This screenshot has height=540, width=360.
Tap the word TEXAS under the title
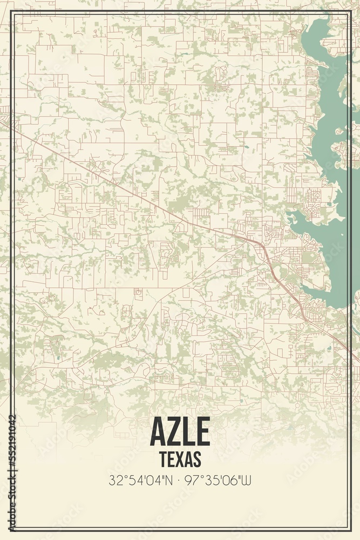(x=180, y=458)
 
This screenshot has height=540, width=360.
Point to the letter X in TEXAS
(x=180, y=458)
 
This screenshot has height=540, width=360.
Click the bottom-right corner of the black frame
(x=350, y=529)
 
